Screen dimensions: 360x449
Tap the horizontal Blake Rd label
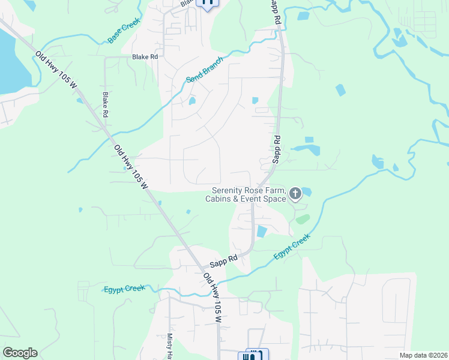pos(145,57)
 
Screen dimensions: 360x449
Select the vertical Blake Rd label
pos(105,104)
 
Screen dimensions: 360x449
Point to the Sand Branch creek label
pos(204,70)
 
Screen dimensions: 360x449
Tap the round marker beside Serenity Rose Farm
pos(295,193)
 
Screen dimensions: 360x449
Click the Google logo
pos(20,353)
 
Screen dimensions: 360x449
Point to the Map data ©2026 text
pos(423,355)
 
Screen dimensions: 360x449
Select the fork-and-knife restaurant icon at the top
pos(207,2)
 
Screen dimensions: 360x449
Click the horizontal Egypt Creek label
pos(124,289)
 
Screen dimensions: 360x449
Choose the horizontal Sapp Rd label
pos(224,260)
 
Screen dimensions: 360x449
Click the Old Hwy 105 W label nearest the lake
pos(56,70)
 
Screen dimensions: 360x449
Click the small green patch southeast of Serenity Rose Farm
pos(303,219)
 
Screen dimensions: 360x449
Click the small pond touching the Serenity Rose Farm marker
pos(306,191)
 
